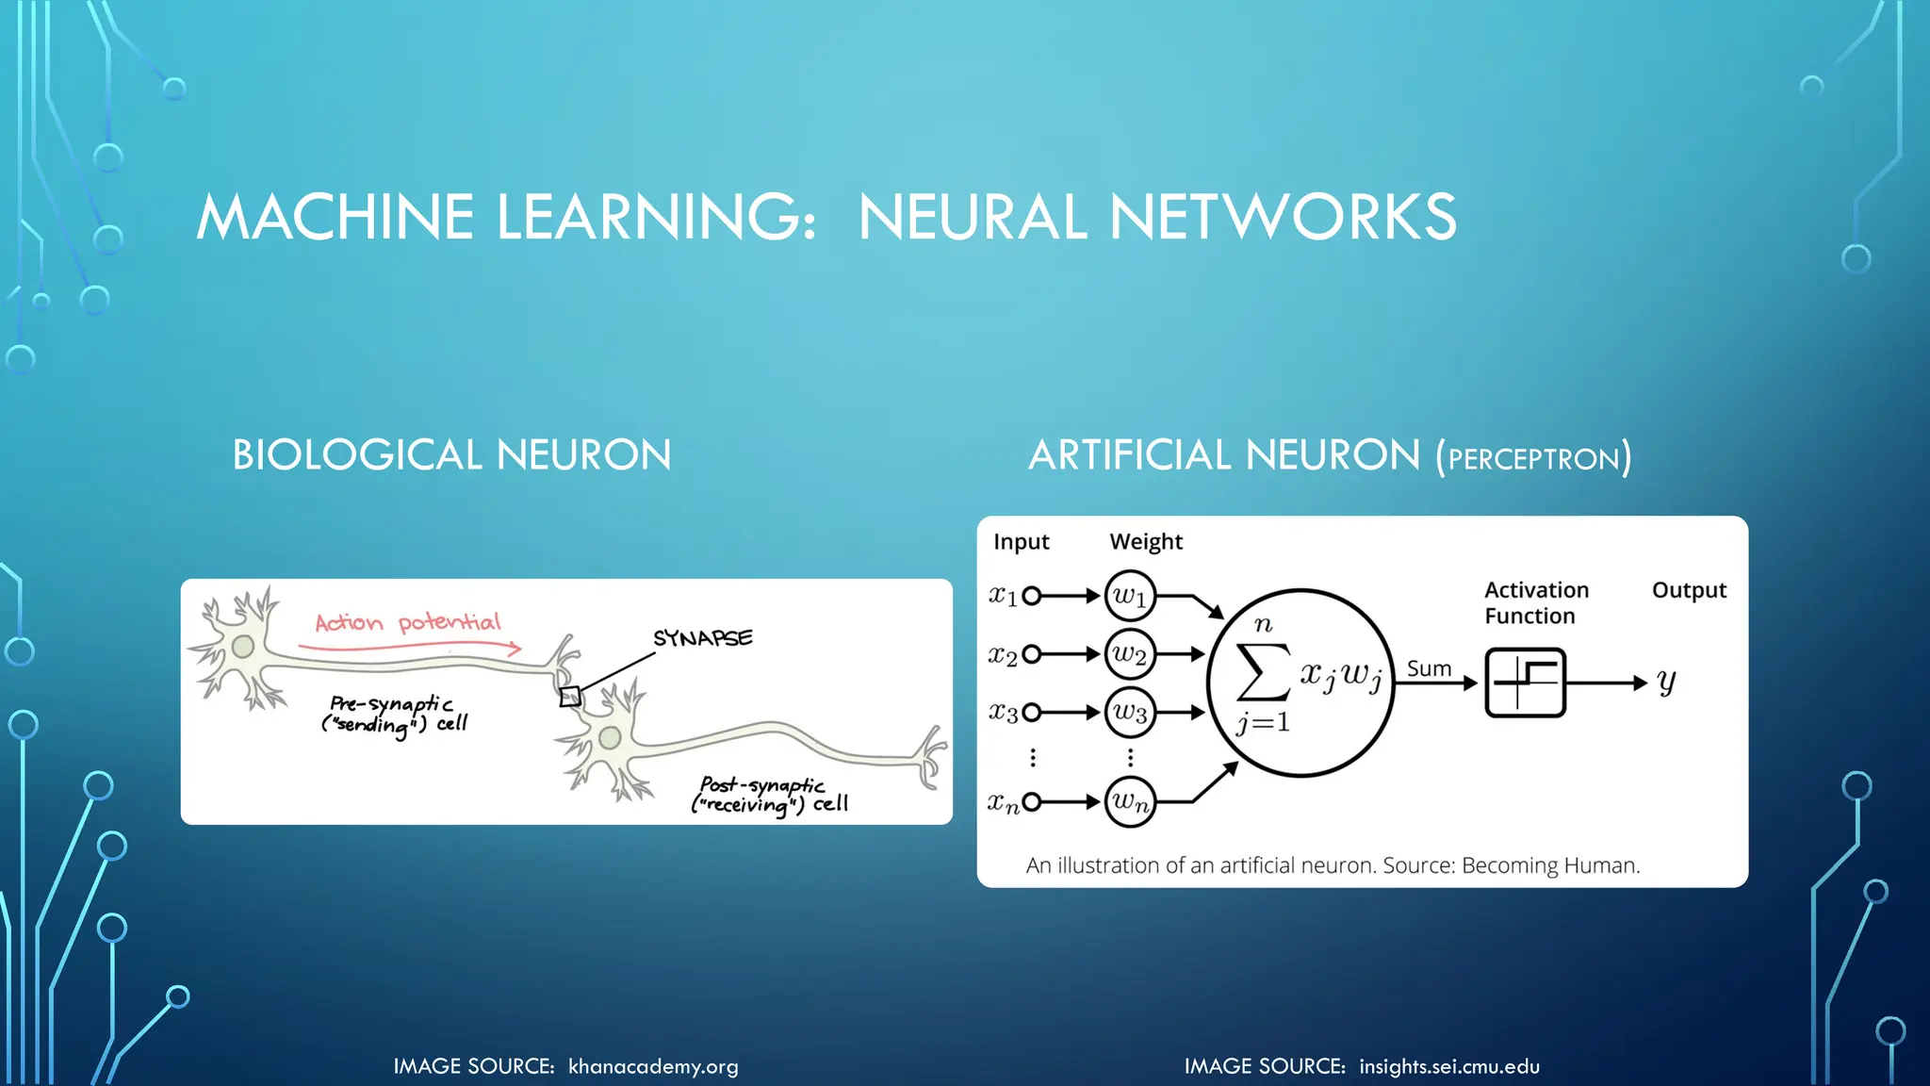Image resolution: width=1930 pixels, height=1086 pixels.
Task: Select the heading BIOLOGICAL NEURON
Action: (x=451, y=455)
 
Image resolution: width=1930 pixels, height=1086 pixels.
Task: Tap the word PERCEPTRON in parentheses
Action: (x=1533, y=459)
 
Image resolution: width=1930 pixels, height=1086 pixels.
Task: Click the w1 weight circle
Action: (x=1130, y=596)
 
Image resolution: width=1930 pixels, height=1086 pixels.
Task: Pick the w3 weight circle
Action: (x=1130, y=712)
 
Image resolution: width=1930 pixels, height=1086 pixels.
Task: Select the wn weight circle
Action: (x=1130, y=802)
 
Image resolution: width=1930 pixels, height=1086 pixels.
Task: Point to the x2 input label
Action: (x=1003, y=654)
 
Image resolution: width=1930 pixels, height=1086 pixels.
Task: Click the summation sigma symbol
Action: (x=1263, y=671)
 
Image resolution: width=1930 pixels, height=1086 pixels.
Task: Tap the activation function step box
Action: (x=1525, y=683)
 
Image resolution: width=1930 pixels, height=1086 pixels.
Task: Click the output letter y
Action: (x=1666, y=681)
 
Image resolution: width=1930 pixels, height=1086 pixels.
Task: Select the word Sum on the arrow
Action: (x=1429, y=668)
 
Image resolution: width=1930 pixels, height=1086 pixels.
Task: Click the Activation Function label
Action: (x=1536, y=602)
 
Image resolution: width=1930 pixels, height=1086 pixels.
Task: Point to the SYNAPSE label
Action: (x=703, y=638)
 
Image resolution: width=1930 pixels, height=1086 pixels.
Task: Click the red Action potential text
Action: (x=407, y=622)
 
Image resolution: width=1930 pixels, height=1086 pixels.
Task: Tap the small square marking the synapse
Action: (x=570, y=697)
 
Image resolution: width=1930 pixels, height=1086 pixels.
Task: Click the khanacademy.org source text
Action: (x=653, y=1066)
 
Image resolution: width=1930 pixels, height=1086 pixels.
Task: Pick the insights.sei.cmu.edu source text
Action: (x=1448, y=1066)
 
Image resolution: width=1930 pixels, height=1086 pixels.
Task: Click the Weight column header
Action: (x=1146, y=541)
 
